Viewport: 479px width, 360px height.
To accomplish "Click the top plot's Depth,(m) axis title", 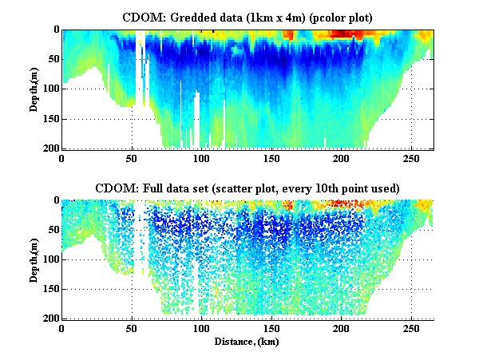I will point(35,89).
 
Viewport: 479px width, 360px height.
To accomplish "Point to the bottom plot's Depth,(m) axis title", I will point(35,259).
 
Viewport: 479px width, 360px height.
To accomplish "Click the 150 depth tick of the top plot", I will point(50,119).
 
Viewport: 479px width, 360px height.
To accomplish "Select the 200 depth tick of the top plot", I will point(50,148).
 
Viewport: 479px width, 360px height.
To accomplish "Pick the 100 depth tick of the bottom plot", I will point(50,259).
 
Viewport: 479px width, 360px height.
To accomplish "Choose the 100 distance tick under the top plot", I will point(202,157).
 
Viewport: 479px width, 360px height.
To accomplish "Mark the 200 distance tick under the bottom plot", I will point(342,327).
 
